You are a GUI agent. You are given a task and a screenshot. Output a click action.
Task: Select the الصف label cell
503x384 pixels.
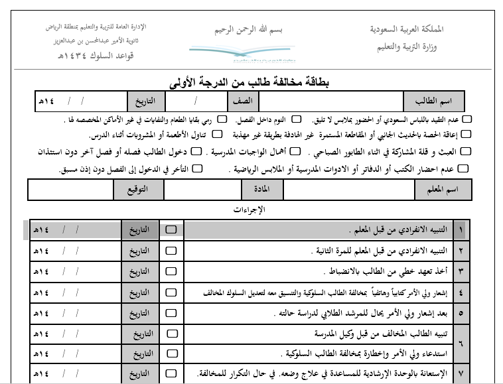point(242,102)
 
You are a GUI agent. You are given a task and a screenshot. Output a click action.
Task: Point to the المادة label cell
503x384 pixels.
point(257,190)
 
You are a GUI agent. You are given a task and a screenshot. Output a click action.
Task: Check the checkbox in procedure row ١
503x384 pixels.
point(171,229)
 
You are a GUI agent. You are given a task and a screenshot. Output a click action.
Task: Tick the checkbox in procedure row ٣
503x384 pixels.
point(171,271)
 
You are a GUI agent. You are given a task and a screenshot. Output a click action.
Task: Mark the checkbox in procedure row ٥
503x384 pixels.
point(171,313)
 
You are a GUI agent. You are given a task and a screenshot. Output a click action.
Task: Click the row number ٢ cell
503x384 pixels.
point(460,251)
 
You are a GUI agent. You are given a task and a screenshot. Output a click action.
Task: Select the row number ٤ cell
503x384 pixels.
point(460,292)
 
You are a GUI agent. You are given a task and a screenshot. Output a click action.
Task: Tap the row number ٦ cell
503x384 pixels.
point(460,344)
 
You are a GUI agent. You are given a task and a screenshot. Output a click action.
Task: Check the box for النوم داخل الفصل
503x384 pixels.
point(297,119)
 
